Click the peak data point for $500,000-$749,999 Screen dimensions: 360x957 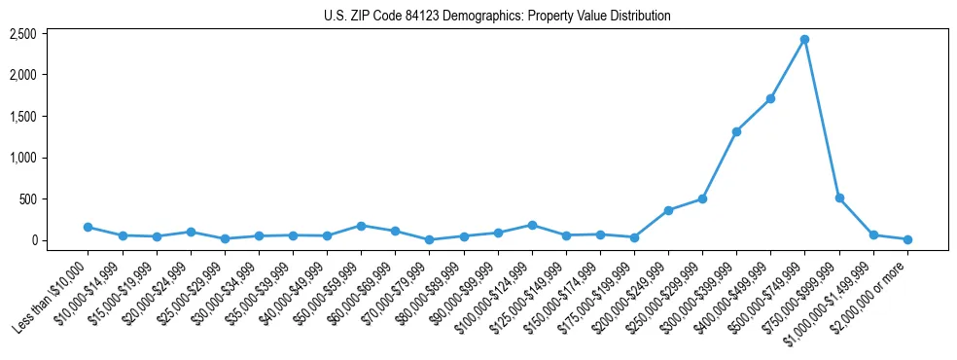coord(805,40)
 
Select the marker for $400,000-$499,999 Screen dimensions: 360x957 coord(770,98)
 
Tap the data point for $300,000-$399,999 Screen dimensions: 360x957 coord(736,131)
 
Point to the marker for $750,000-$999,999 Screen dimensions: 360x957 coord(839,198)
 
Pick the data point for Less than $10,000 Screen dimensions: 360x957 coord(88,227)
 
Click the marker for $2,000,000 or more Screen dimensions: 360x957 coord(907,239)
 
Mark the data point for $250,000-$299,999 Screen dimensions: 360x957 coord(702,198)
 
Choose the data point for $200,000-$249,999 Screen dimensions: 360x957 coord(668,210)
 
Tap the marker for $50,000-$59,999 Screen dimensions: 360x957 coord(361,226)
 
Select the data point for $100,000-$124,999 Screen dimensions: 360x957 coord(532,225)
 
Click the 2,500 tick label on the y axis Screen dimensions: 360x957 coord(22,34)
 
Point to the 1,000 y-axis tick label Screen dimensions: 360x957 coord(22,158)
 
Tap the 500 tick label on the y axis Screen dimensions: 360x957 coord(28,199)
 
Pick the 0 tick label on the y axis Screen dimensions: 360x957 coord(34,240)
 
